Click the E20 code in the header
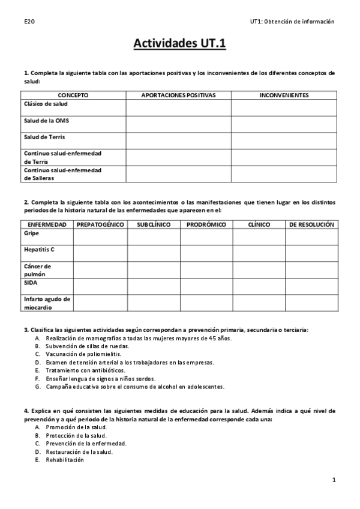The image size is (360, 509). (29, 22)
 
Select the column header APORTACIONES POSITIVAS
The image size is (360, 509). (178, 95)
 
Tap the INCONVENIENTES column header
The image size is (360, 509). (284, 95)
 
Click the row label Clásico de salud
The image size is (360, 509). (46, 103)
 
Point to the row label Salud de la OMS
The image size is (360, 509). (46, 120)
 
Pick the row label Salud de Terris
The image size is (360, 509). (44, 137)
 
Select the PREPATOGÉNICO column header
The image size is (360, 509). (100, 224)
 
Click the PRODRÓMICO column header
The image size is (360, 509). (206, 224)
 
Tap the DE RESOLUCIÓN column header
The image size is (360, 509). (311, 224)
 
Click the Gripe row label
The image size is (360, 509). (31, 233)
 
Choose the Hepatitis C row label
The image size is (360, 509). (39, 249)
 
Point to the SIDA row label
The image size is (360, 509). (31, 282)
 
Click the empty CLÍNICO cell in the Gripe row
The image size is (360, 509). (259, 236)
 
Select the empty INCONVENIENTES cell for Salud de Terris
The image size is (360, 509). (284, 140)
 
